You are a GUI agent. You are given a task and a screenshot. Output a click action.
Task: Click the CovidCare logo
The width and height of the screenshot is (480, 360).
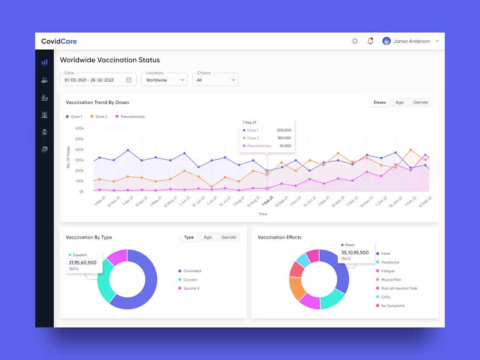[x=59, y=41]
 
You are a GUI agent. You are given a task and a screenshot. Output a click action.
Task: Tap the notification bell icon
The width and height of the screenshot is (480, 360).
[x=370, y=41]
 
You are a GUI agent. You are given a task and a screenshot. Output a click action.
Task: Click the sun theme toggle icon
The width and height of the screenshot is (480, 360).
[x=355, y=41]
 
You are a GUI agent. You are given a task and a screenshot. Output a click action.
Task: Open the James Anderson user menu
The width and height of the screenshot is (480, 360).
[x=411, y=41]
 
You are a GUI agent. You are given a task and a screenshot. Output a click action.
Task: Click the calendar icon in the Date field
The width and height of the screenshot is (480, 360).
[x=129, y=80]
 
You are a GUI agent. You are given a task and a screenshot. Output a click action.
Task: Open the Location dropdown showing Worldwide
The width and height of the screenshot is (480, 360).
[x=165, y=80]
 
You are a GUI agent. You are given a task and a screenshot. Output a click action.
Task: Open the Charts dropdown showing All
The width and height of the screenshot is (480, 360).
[x=216, y=80]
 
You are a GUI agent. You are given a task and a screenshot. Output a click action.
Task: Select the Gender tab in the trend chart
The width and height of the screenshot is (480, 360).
[x=421, y=102]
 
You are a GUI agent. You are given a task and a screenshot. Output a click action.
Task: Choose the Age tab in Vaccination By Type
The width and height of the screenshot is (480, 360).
[x=208, y=237]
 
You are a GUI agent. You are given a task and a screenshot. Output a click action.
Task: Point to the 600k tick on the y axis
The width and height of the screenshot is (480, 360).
[x=79, y=128]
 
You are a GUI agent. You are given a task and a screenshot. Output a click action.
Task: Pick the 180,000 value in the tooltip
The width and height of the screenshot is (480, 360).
[x=284, y=138]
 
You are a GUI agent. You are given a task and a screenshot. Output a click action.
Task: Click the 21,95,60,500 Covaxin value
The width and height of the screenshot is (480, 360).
[x=82, y=263]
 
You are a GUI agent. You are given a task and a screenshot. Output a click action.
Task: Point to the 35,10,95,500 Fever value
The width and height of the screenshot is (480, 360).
[x=355, y=253]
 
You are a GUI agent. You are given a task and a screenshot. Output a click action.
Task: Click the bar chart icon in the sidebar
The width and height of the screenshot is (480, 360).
[x=45, y=62]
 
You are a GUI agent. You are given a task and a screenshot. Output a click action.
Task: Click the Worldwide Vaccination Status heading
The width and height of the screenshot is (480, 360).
[x=110, y=60]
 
